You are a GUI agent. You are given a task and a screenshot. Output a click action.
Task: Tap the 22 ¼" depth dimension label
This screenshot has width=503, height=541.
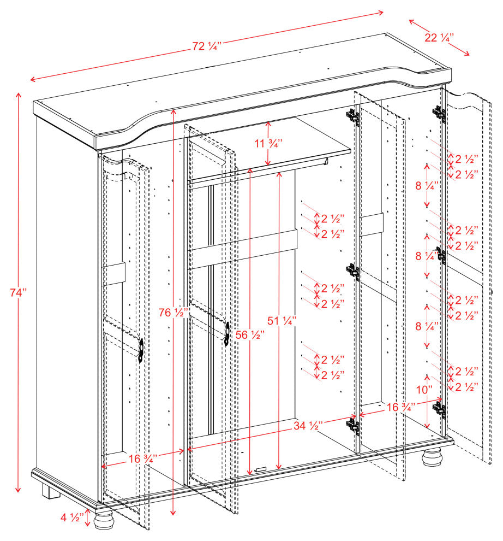tap(439, 37)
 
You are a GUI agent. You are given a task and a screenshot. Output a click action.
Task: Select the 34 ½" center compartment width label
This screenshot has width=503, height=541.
tap(306, 424)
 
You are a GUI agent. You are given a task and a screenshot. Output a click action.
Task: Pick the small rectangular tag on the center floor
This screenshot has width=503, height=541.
tap(259, 469)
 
